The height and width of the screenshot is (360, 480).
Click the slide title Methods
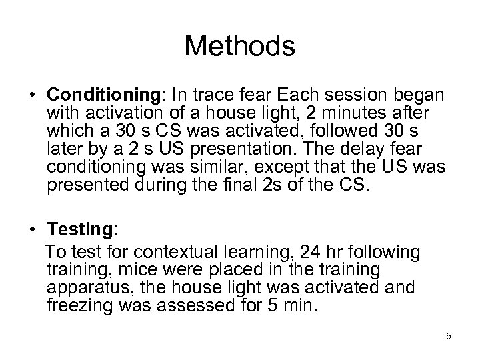pyautogui.click(x=239, y=46)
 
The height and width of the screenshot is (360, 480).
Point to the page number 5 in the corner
pyautogui.click(x=449, y=336)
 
